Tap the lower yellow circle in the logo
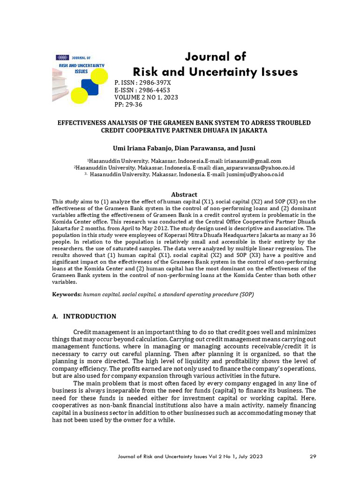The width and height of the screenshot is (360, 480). pos(79,95)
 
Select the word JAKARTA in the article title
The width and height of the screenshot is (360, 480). pos(252,130)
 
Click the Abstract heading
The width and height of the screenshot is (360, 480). pos(184,195)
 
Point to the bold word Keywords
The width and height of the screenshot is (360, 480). pos(67,294)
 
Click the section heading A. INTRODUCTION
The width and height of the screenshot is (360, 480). pos(84,316)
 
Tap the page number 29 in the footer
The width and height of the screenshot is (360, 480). pos(313,456)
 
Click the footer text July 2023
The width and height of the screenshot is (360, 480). pos(251,456)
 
